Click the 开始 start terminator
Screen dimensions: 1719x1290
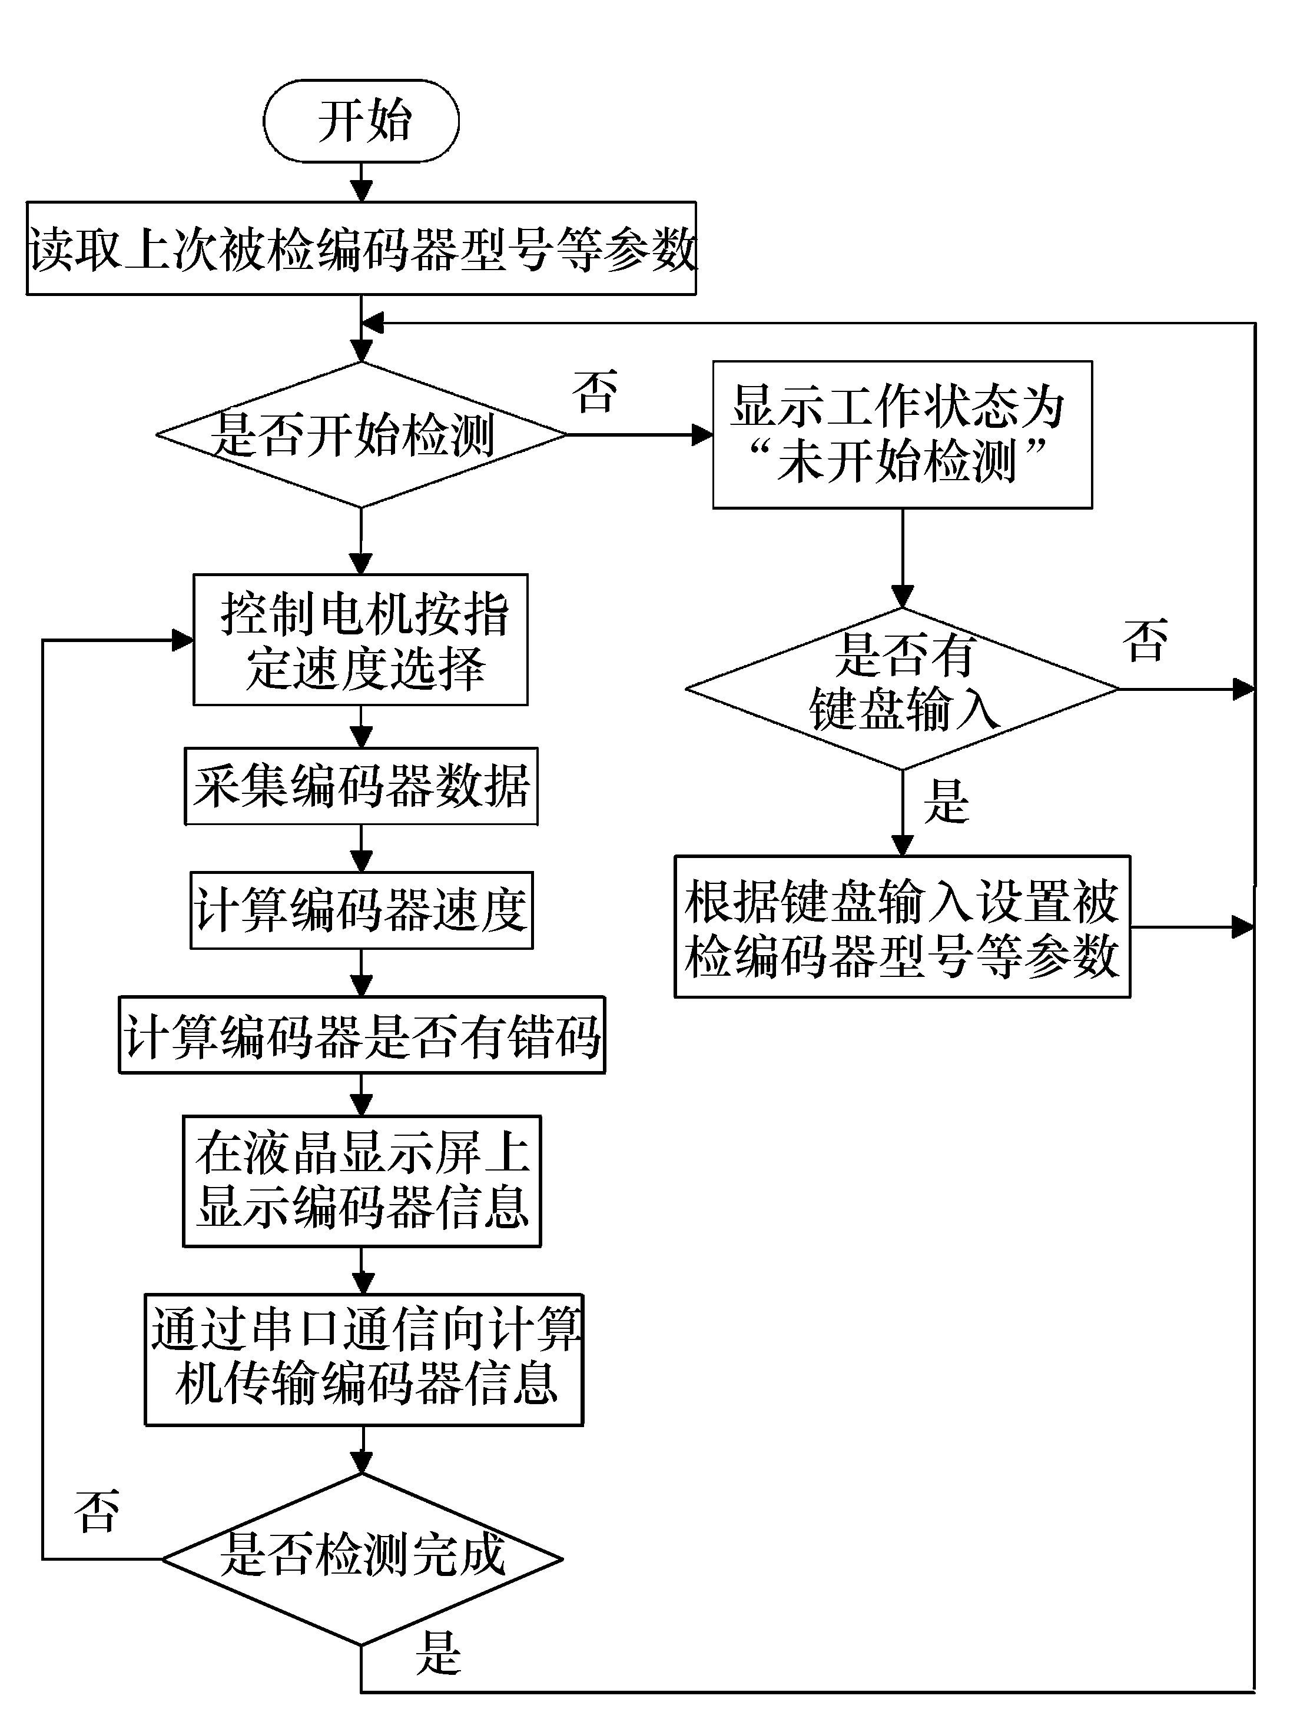361,121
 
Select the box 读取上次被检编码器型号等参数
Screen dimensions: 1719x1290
361,249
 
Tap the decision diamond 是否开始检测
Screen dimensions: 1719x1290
361,434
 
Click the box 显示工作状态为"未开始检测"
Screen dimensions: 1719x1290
902,434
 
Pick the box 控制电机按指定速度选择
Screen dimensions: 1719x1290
361,640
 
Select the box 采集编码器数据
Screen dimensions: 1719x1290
361,786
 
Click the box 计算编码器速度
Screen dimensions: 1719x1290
361,910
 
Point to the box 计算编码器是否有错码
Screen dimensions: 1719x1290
361,1035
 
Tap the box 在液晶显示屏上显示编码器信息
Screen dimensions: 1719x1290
361,1181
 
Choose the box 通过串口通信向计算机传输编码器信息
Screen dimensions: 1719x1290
364,1359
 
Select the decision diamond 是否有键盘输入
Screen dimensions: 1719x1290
902,689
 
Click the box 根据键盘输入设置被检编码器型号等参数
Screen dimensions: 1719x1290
902,927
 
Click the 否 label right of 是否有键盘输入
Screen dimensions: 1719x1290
1145,641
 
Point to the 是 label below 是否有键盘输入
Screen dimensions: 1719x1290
946,802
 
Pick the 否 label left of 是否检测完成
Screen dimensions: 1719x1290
97,1511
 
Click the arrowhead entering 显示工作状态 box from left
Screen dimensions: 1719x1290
703,434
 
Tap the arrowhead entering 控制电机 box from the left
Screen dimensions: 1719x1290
183,640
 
